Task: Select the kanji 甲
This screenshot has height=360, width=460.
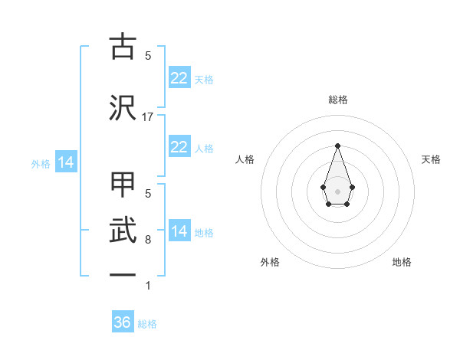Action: pos(123,186)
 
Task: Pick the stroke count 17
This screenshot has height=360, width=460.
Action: pos(148,117)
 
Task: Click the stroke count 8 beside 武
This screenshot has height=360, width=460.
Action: pos(148,240)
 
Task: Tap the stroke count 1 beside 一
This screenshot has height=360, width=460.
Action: pos(148,286)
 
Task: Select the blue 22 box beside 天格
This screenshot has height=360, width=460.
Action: pos(179,78)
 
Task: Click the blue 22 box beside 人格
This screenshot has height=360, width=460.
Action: pos(179,147)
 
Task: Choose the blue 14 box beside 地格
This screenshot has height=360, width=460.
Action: pos(179,231)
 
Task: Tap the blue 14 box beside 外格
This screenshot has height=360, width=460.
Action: pos(65,162)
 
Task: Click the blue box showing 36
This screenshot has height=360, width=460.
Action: pos(123,322)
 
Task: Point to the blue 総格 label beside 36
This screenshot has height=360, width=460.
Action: pos(147,324)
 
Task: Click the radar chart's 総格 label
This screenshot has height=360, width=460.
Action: pos(337,100)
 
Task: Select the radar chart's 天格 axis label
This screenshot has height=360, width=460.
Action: pos(432,159)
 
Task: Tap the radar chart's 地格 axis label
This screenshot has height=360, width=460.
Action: pos(402,262)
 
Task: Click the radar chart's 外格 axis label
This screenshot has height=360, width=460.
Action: pos(270,262)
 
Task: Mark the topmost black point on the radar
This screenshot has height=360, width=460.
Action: pos(337,145)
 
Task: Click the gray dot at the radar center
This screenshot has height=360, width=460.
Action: pos(337,190)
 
